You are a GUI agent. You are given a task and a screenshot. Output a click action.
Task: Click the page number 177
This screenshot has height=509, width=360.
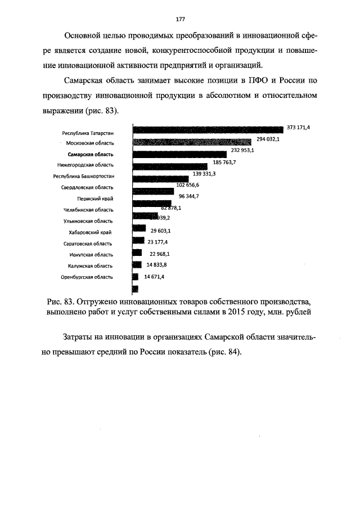click(x=181, y=19)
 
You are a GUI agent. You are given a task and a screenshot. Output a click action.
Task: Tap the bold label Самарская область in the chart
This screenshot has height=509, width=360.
click(x=90, y=154)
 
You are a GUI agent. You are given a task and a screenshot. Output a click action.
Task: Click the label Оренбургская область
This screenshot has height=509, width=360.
click(x=87, y=277)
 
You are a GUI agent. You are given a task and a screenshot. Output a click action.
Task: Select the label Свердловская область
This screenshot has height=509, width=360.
click(x=87, y=187)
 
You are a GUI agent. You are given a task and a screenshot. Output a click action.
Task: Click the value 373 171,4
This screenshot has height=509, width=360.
click(x=298, y=128)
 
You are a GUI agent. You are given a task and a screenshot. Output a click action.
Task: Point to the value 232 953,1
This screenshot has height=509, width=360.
click(x=243, y=150)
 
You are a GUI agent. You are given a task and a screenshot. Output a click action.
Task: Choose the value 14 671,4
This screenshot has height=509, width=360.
click(x=154, y=277)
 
